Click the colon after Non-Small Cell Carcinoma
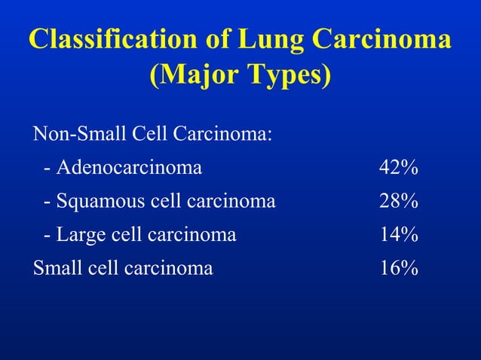click(270, 135)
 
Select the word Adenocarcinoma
click(129, 167)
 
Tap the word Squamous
click(102, 201)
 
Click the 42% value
click(399, 167)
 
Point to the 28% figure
click(399, 201)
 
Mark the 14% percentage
click(399, 235)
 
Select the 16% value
click(399, 268)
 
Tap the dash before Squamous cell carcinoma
click(48, 203)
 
